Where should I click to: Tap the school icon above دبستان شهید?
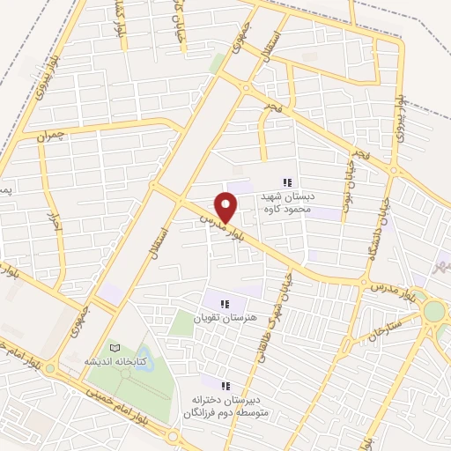(x=287, y=182)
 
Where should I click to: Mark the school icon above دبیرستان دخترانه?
(x=225, y=386)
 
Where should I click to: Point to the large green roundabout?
(x=433, y=312)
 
